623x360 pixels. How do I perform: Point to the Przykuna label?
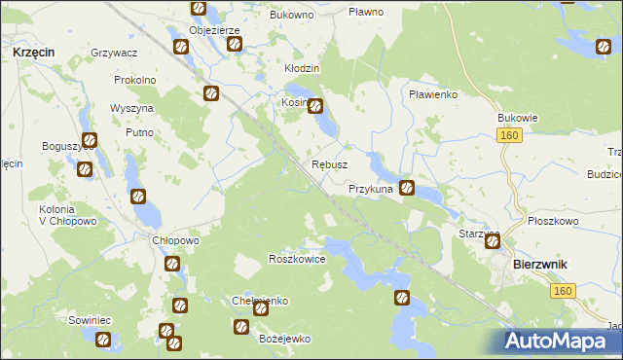pyautogui.click(x=371, y=189)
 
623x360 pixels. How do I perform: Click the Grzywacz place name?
pyautogui.click(x=114, y=52)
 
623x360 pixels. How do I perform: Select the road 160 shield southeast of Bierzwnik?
pyautogui.click(x=562, y=291)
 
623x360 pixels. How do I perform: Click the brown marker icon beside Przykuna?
pyautogui.click(x=407, y=189)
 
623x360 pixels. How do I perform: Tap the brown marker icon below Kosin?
pyautogui.click(x=316, y=107)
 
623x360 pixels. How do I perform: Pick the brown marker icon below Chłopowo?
pyautogui.click(x=172, y=264)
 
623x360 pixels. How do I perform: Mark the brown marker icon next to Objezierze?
pyautogui.click(x=234, y=44)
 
